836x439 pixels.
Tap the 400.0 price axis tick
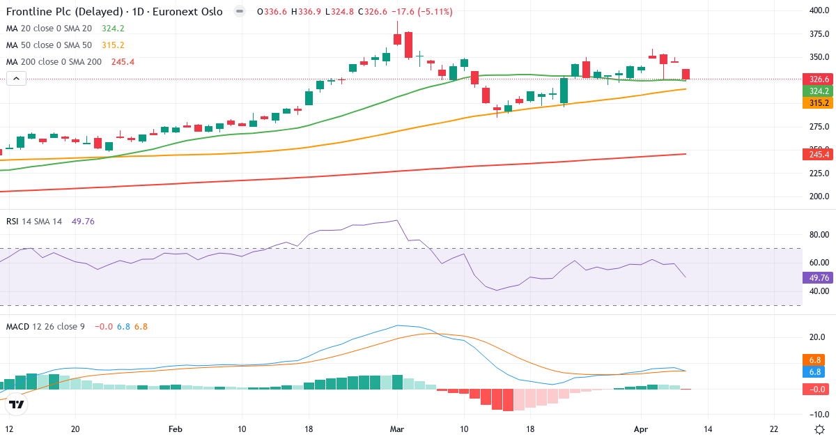coord(816,10)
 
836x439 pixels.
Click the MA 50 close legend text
coord(49,45)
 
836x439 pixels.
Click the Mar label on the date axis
coord(397,430)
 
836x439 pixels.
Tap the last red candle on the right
coord(686,74)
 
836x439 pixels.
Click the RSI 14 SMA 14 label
coord(34,221)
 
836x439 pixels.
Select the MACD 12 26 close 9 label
coord(46,326)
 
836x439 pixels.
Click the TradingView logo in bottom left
coord(17,403)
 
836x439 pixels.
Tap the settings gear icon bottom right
coord(820,429)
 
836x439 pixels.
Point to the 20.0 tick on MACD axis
coord(816,337)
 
